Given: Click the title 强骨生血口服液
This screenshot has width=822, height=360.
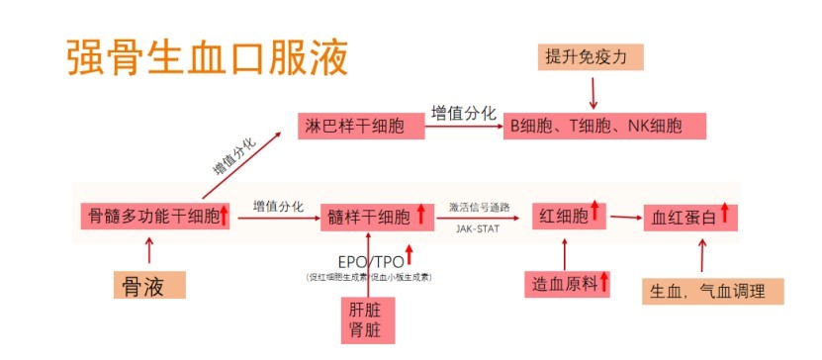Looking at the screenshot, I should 208,58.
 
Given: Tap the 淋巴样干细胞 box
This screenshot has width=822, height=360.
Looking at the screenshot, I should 353,126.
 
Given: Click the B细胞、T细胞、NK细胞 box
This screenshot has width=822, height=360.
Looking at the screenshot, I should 603,126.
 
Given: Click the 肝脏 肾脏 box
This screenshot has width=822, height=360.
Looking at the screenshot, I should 366,319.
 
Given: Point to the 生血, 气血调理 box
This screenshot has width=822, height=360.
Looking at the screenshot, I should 710,292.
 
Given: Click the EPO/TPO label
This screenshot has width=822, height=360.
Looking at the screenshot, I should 367,263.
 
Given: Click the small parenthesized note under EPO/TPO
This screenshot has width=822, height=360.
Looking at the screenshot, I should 368,278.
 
